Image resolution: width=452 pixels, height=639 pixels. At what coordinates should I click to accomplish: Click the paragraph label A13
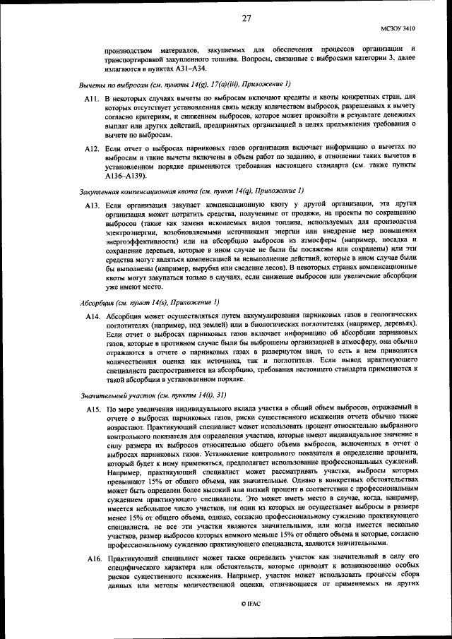click(x=92, y=205)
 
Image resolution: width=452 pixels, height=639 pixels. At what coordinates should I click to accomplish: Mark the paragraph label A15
click(x=92, y=409)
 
